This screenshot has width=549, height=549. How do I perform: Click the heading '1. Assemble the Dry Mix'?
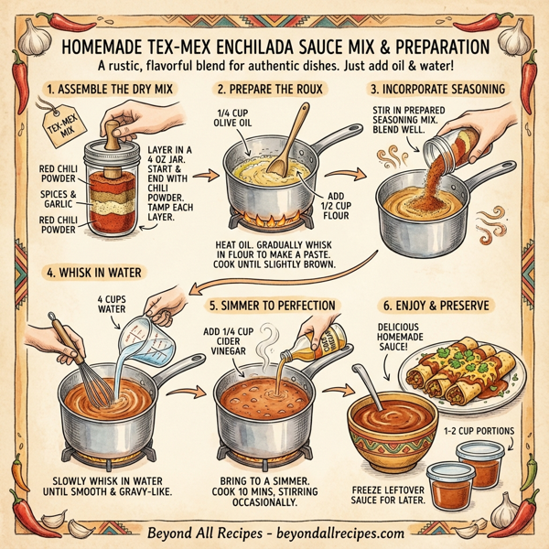(110, 90)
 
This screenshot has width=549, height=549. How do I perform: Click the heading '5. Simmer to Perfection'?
(274, 305)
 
